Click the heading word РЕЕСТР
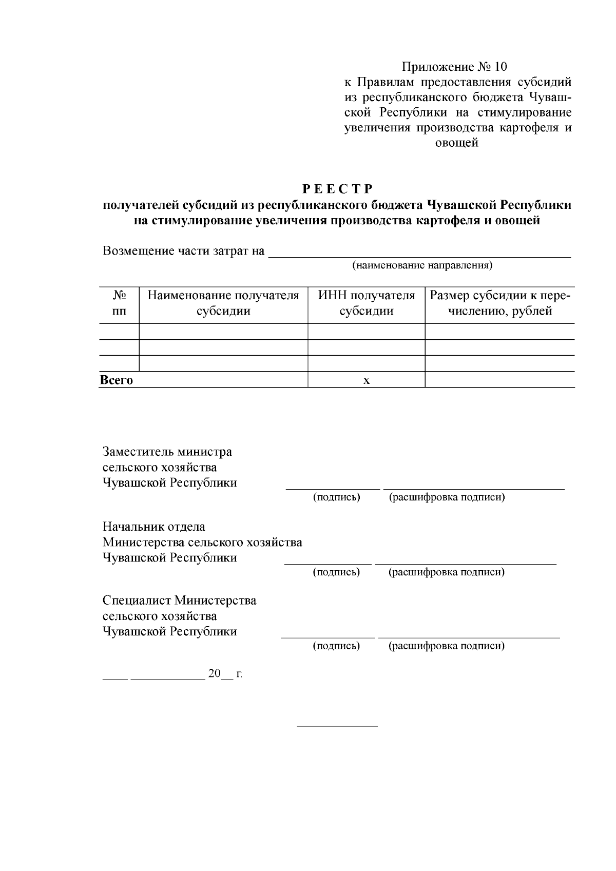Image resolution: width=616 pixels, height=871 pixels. [x=337, y=189]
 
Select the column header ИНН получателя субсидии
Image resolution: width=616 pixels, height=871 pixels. [x=366, y=303]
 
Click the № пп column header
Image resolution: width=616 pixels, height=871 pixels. [x=119, y=303]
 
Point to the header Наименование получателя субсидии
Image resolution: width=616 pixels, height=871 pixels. [x=223, y=303]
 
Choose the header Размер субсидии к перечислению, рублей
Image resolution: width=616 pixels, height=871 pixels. [x=499, y=303]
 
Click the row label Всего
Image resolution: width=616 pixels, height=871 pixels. [x=117, y=380]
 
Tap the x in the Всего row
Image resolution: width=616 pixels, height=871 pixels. [x=366, y=381]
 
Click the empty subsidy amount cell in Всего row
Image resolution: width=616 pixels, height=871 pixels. [x=499, y=380]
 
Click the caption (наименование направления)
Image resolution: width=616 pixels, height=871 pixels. [x=422, y=265]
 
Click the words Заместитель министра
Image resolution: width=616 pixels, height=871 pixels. [x=167, y=452]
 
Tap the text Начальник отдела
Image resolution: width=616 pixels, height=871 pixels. [x=154, y=527]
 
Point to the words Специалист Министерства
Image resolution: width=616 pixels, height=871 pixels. [x=179, y=601]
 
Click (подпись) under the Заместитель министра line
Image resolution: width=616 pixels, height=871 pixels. [x=336, y=497]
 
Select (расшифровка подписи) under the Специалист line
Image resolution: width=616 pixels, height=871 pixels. [x=446, y=646]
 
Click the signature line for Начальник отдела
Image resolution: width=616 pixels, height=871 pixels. [x=328, y=564]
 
